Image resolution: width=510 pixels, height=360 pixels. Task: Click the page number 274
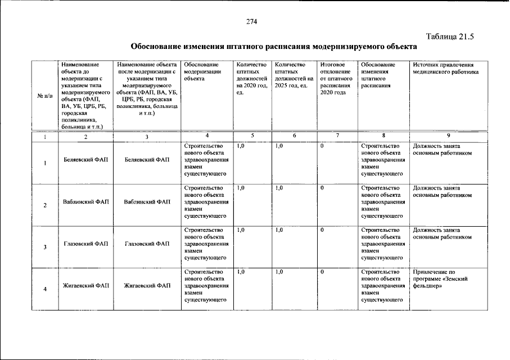click(x=251, y=22)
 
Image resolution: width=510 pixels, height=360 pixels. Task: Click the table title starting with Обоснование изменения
click(x=274, y=46)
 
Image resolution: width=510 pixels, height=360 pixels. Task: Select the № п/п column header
click(x=44, y=96)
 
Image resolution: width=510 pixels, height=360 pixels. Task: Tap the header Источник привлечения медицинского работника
click(x=445, y=69)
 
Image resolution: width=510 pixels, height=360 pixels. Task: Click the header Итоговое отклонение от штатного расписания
click(x=335, y=79)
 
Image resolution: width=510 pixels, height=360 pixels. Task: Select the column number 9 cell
click(x=448, y=136)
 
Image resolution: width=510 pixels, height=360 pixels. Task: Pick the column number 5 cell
click(x=252, y=136)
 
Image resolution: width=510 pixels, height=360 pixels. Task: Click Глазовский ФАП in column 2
click(x=86, y=244)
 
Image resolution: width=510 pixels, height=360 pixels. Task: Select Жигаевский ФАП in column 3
click(x=147, y=286)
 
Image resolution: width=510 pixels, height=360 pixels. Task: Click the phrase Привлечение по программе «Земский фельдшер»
click(x=440, y=279)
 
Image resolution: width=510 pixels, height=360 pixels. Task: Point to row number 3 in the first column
click(x=45, y=247)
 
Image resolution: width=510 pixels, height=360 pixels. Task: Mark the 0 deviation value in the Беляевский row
click(x=322, y=146)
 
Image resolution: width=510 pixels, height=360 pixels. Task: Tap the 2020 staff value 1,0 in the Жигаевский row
click(x=241, y=272)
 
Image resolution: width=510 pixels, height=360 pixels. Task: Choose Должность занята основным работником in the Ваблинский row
click(x=442, y=192)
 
